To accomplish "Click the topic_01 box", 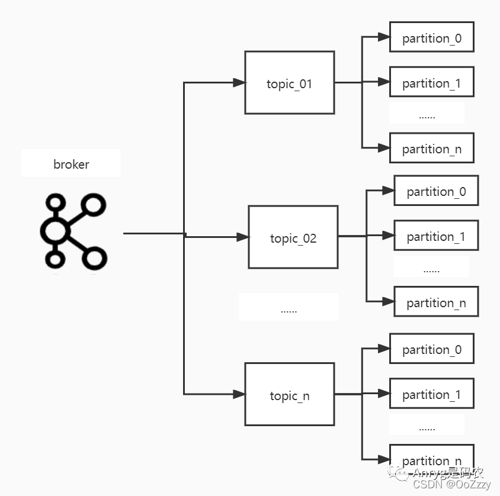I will tap(289, 83).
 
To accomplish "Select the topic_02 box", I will tap(293, 237).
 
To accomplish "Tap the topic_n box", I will tap(289, 395).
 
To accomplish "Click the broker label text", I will tap(71, 164).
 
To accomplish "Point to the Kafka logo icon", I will tap(73, 233).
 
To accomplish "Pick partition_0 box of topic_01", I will tap(431, 38).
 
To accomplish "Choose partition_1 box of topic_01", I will tap(431, 83).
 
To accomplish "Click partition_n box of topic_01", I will tap(431, 149).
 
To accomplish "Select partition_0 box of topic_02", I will tap(436, 191).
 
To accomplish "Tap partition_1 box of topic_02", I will tap(436, 236).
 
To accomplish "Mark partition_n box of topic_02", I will tap(436, 302).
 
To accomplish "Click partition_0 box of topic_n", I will tap(431, 349).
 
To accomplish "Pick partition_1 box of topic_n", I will tap(431, 394).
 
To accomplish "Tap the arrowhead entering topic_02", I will tap(242, 237).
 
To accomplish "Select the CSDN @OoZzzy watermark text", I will tap(452, 485).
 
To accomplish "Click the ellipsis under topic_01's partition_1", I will tap(427, 116).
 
